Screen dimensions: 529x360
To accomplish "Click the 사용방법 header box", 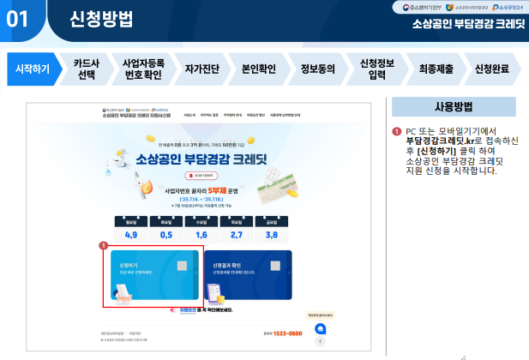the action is (454, 107).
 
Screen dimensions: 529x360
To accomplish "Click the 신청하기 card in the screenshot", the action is (152, 277).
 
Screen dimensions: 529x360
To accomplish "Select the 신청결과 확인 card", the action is (249, 277).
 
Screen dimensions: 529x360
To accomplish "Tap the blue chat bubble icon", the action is (321, 329).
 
